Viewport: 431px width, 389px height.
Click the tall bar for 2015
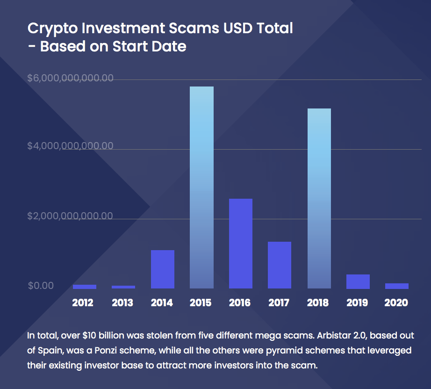click(201, 187)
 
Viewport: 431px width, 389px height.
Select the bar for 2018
click(319, 198)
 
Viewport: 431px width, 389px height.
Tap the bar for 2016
click(240, 243)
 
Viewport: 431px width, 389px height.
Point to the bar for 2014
click(162, 269)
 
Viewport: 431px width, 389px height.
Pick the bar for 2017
click(280, 265)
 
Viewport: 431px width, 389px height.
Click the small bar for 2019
click(358, 281)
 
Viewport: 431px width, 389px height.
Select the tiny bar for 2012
click(85, 287)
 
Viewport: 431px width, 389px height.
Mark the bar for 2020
click(396, 286)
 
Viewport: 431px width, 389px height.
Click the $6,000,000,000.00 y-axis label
click(70, 78)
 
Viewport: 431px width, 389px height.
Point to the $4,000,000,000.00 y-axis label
click(70, 146)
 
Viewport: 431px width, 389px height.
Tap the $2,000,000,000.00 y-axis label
click(70, 216)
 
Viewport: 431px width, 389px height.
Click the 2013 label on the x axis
click(122, 303)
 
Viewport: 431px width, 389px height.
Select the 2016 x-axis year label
click(240, 303)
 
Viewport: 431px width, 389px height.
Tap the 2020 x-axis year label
click(396, 303)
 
